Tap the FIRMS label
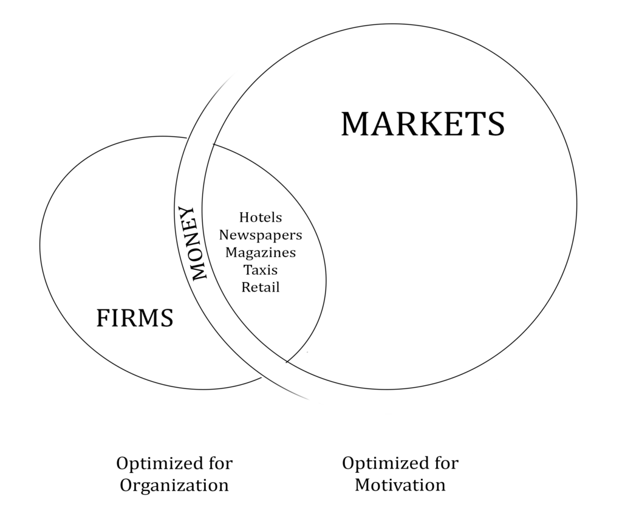[135, 318]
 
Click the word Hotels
[261, 217]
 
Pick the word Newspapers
[261, 235]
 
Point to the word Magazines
[261, 252]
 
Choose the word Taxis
[261, 269]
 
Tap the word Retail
[261, 287]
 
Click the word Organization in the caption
[174, 486]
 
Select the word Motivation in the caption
[400, 485]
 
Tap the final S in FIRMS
[166, 318]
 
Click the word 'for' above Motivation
[445, 463]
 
